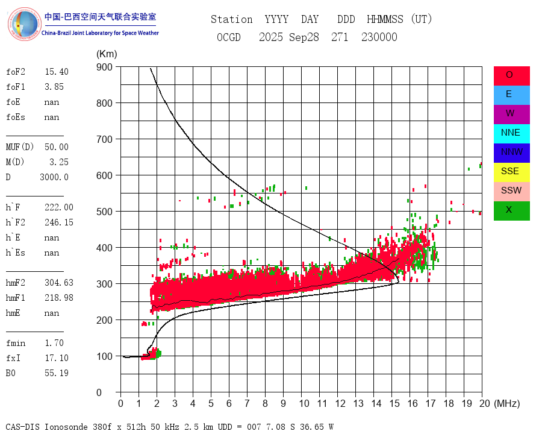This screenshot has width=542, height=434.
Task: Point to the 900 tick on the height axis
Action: pos(105,67)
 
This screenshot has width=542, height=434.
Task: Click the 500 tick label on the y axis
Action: pos(105,212)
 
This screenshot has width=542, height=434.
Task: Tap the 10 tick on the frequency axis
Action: pos(301,403)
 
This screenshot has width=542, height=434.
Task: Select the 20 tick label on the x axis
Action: pos(482,403)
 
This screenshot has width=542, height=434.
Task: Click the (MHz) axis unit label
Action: pos(506,403)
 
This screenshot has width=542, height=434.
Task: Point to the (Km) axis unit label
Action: pos(107,54)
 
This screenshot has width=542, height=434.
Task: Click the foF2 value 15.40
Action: pos(56,72)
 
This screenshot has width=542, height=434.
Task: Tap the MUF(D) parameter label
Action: pos(20,147)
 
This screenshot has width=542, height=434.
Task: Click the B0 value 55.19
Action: pos(56,373)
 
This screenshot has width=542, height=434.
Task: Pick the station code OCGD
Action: pos(228,37)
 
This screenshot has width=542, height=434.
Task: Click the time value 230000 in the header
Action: pos(379,37)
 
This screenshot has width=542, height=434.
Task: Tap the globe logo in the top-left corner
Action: pos(23,24)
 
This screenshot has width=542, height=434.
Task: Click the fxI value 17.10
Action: pos(56,358)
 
